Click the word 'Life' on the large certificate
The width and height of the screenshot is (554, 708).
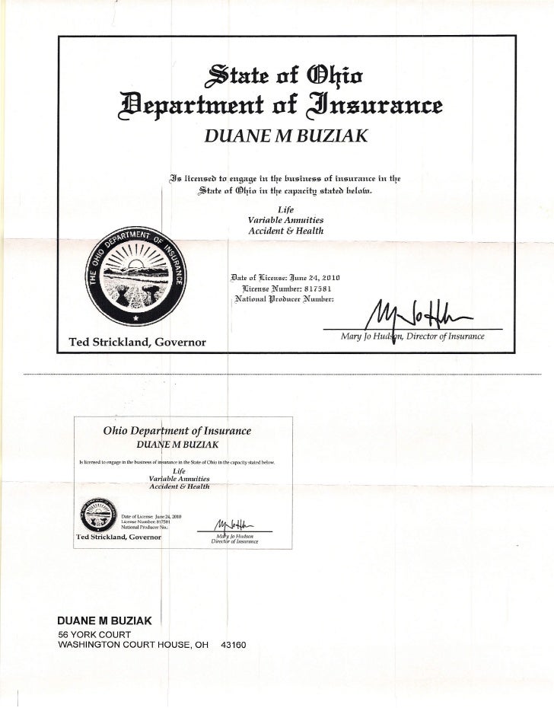click(x=280, y=208)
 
